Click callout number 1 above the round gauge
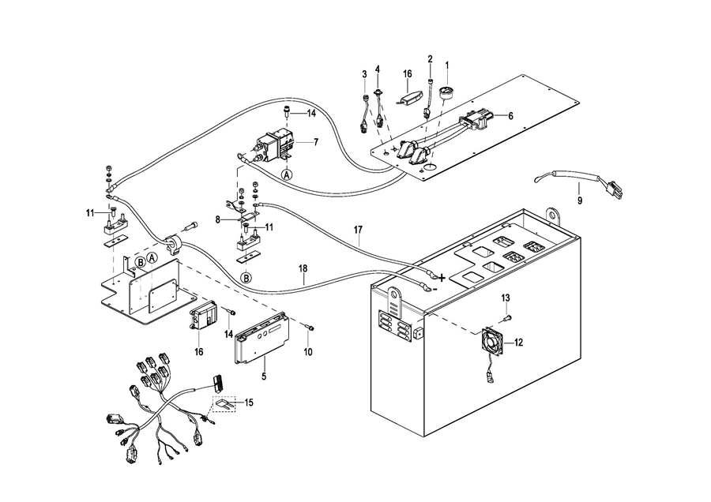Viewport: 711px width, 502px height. point(446,65)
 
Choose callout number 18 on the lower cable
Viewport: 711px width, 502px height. point(303,268)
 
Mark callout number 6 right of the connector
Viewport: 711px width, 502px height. point(510,115)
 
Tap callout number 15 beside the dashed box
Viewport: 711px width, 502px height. point(248,403)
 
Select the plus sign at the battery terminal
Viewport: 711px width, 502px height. point(442,277)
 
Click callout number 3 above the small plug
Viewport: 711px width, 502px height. point(364,74)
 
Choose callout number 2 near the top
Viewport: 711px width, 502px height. point(430,59)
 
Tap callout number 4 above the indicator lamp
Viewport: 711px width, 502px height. point(378,69)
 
